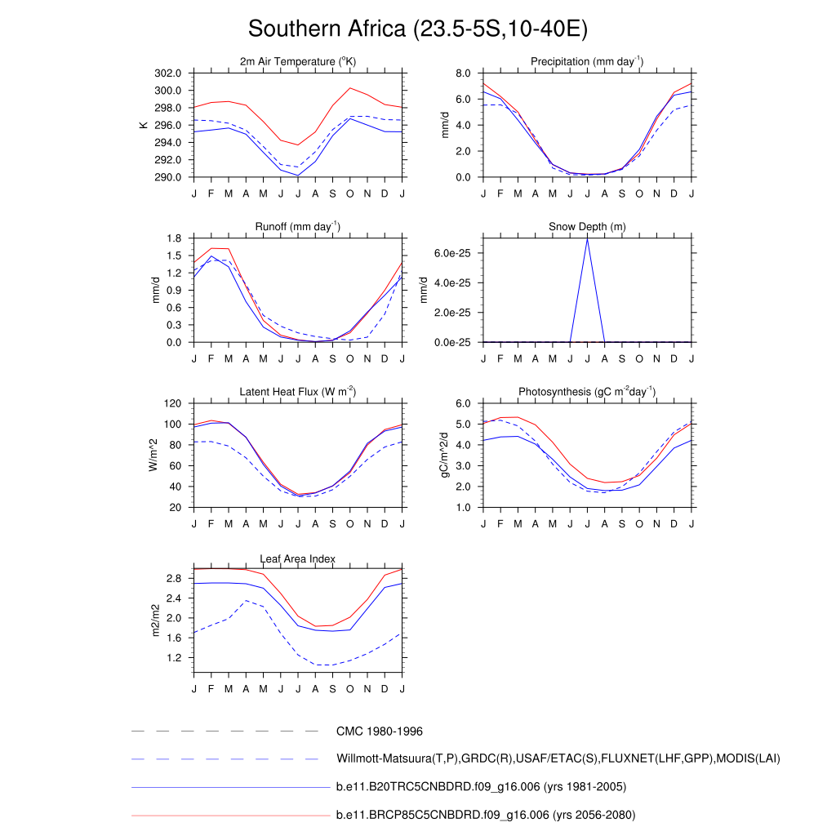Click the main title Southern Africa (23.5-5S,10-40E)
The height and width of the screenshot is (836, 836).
click(x=418, y=29)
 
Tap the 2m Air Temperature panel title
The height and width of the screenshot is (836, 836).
click(x=298, y=62)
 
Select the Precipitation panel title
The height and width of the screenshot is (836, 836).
click(x=587, y=62)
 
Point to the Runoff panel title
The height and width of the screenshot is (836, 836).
click(x=298, y=227)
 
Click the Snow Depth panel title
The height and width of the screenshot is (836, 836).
click(x=587, y=227)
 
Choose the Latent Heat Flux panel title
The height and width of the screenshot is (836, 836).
click(x=298, y=392)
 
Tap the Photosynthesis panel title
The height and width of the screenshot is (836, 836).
click(x=587, y=392)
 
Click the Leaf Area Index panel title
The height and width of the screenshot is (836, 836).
click(x=298, y=559)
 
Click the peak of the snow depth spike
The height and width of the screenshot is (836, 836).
click(x=587, y=238)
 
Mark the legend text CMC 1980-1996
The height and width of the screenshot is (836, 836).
click(x=380, y=731)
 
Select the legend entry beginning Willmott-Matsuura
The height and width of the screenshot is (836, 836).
click(x=558, y=759)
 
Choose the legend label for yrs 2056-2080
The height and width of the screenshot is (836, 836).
click(x=486, y=815)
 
